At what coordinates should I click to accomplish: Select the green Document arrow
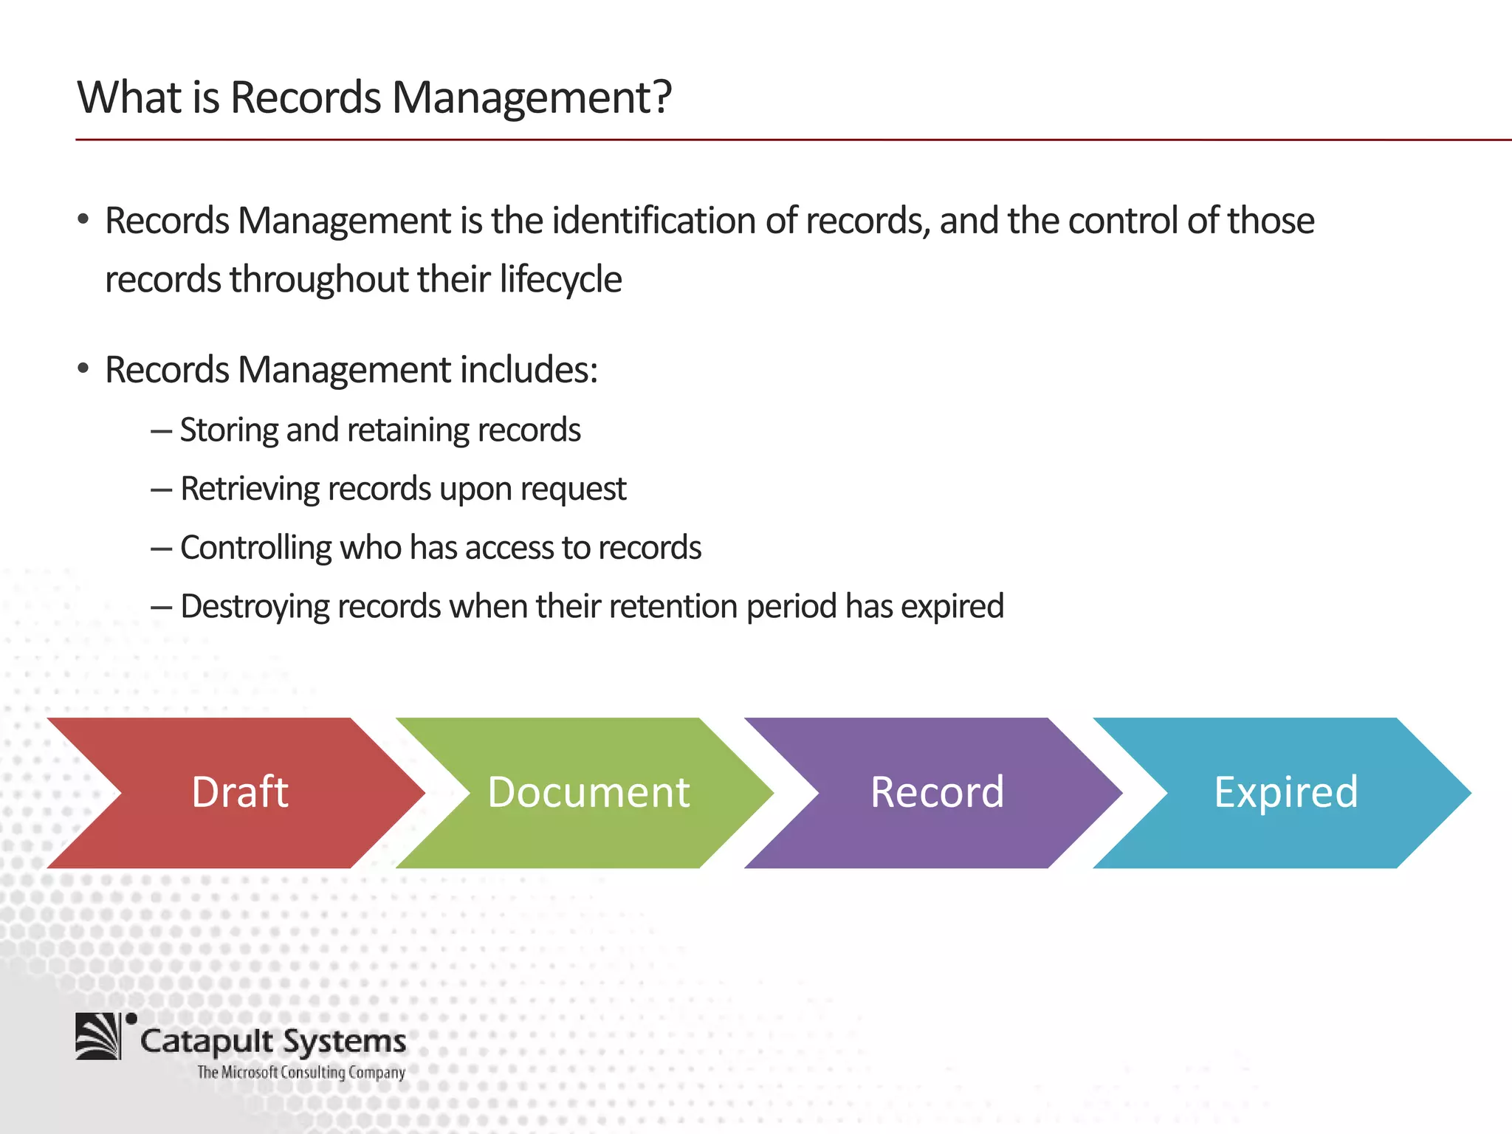tap(588, 793)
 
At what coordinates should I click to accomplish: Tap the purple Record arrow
tap(936, 793)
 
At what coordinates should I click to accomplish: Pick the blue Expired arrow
tap(1285, 793)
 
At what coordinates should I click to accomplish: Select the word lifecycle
tap(560, 280)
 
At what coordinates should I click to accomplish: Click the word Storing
tap(228, 430)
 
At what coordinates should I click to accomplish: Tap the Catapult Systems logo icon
tap(99, 1036)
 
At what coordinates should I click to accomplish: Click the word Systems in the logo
tap(345, 1042)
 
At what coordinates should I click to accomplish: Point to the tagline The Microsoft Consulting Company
tap(301, 1072)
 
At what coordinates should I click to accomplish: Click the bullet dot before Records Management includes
tap(83, 368)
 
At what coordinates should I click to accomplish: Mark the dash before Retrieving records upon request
tap(161, 489)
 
